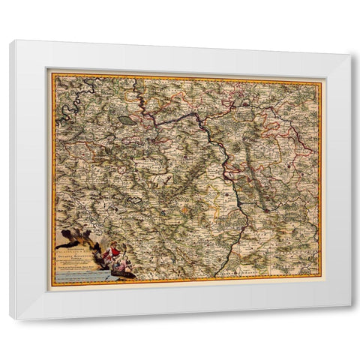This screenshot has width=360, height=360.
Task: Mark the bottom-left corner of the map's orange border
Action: point(52,284)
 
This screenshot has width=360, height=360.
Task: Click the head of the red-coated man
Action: point(114,247)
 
